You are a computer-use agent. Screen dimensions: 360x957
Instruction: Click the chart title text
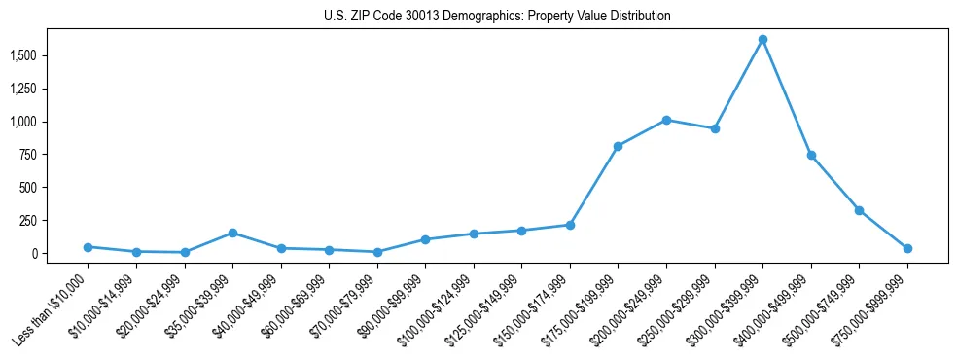tap(497, 17)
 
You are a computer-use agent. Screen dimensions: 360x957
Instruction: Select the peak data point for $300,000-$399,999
tap(762, 40)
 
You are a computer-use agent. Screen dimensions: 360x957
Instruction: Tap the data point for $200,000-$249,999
tap(666, 120)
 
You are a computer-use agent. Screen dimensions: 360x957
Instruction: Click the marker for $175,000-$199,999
tap(618, 146)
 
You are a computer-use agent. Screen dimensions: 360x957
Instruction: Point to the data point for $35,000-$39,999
tap(232, 233)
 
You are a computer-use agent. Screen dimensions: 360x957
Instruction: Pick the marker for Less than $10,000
tap(88, 247)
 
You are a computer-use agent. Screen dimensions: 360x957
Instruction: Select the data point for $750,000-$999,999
tap(907, 248)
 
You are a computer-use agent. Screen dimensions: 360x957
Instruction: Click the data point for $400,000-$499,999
tap(811, 156)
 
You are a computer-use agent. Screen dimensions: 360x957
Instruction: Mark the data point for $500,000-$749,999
tap(859, 210)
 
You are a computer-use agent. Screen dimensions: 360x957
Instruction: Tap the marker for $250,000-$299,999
tap(715, 128)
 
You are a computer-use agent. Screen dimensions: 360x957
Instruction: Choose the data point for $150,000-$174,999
tap(570, 225)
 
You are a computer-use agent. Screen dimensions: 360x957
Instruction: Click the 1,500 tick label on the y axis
tap(21, 55)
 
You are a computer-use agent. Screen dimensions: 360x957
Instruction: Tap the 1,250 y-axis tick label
tap(21, 89)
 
